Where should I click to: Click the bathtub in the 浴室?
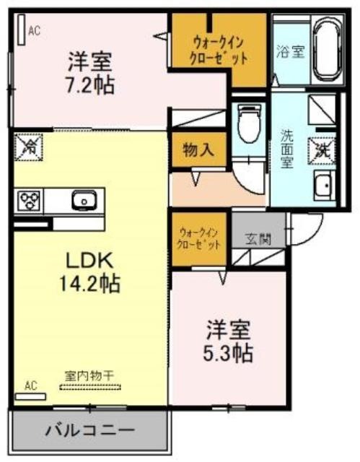328,51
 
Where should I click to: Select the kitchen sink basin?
84,200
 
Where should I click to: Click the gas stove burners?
29,201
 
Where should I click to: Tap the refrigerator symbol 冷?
29,147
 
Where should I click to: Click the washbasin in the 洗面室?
324,185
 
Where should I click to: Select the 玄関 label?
258,239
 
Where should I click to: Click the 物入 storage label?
198,150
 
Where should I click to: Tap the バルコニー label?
89,430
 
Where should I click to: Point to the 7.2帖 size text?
90,85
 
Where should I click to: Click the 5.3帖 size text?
229,353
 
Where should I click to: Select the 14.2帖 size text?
89,283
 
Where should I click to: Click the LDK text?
89,261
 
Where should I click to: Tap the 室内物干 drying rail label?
89,375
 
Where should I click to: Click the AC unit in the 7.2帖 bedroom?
21,29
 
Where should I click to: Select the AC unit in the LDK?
30,396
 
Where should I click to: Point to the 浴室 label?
291,51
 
